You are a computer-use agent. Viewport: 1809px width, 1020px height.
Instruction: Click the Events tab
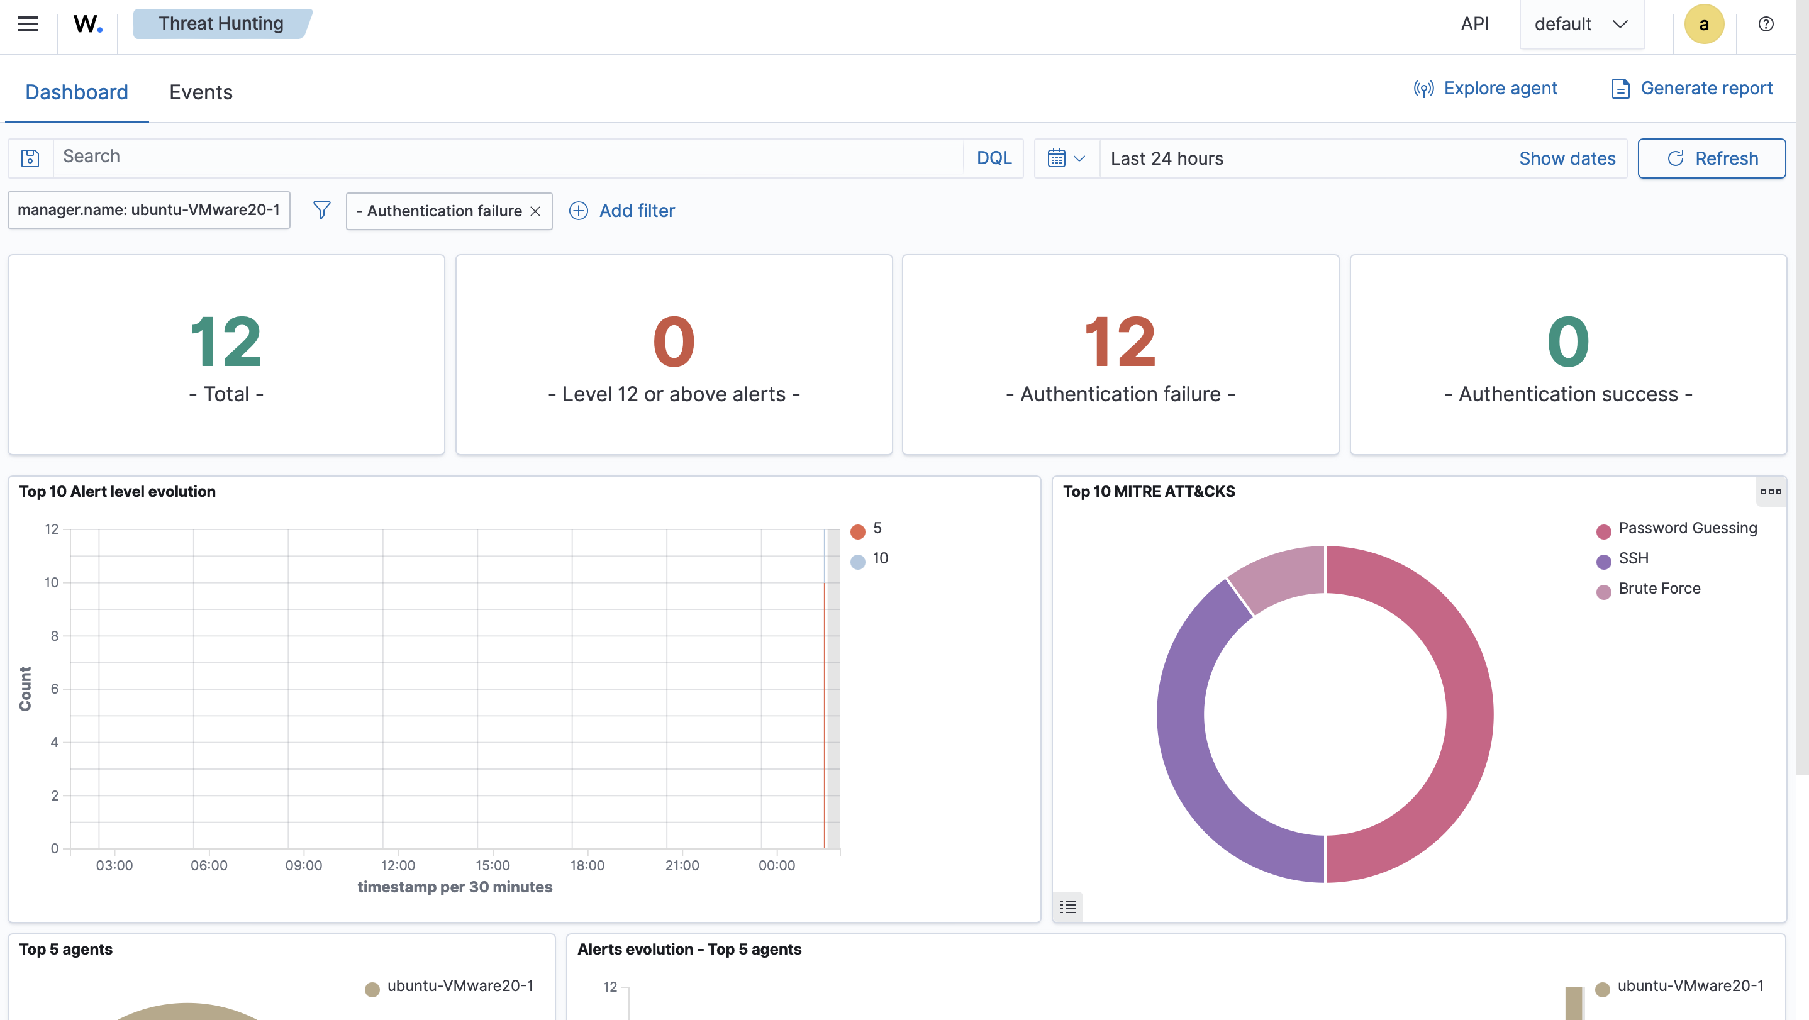coord(201,92)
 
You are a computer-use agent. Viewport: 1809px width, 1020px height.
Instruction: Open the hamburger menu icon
coord(28,24)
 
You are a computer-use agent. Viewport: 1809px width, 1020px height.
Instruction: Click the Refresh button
coord(1712,158)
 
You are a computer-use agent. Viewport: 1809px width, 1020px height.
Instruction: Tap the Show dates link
coord(1567,158)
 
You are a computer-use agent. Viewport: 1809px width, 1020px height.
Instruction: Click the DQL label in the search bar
coord(994,158)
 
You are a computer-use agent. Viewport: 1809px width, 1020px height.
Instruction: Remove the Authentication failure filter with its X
coord(535,211)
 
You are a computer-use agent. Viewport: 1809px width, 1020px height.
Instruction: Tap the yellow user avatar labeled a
coord(1704,24)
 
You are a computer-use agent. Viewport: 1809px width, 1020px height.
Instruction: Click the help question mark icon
coord(1766,24)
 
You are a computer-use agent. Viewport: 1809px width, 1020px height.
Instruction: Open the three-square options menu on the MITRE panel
coord(1771,491)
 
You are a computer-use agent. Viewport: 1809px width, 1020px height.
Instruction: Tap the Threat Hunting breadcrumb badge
coord(222,24)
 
